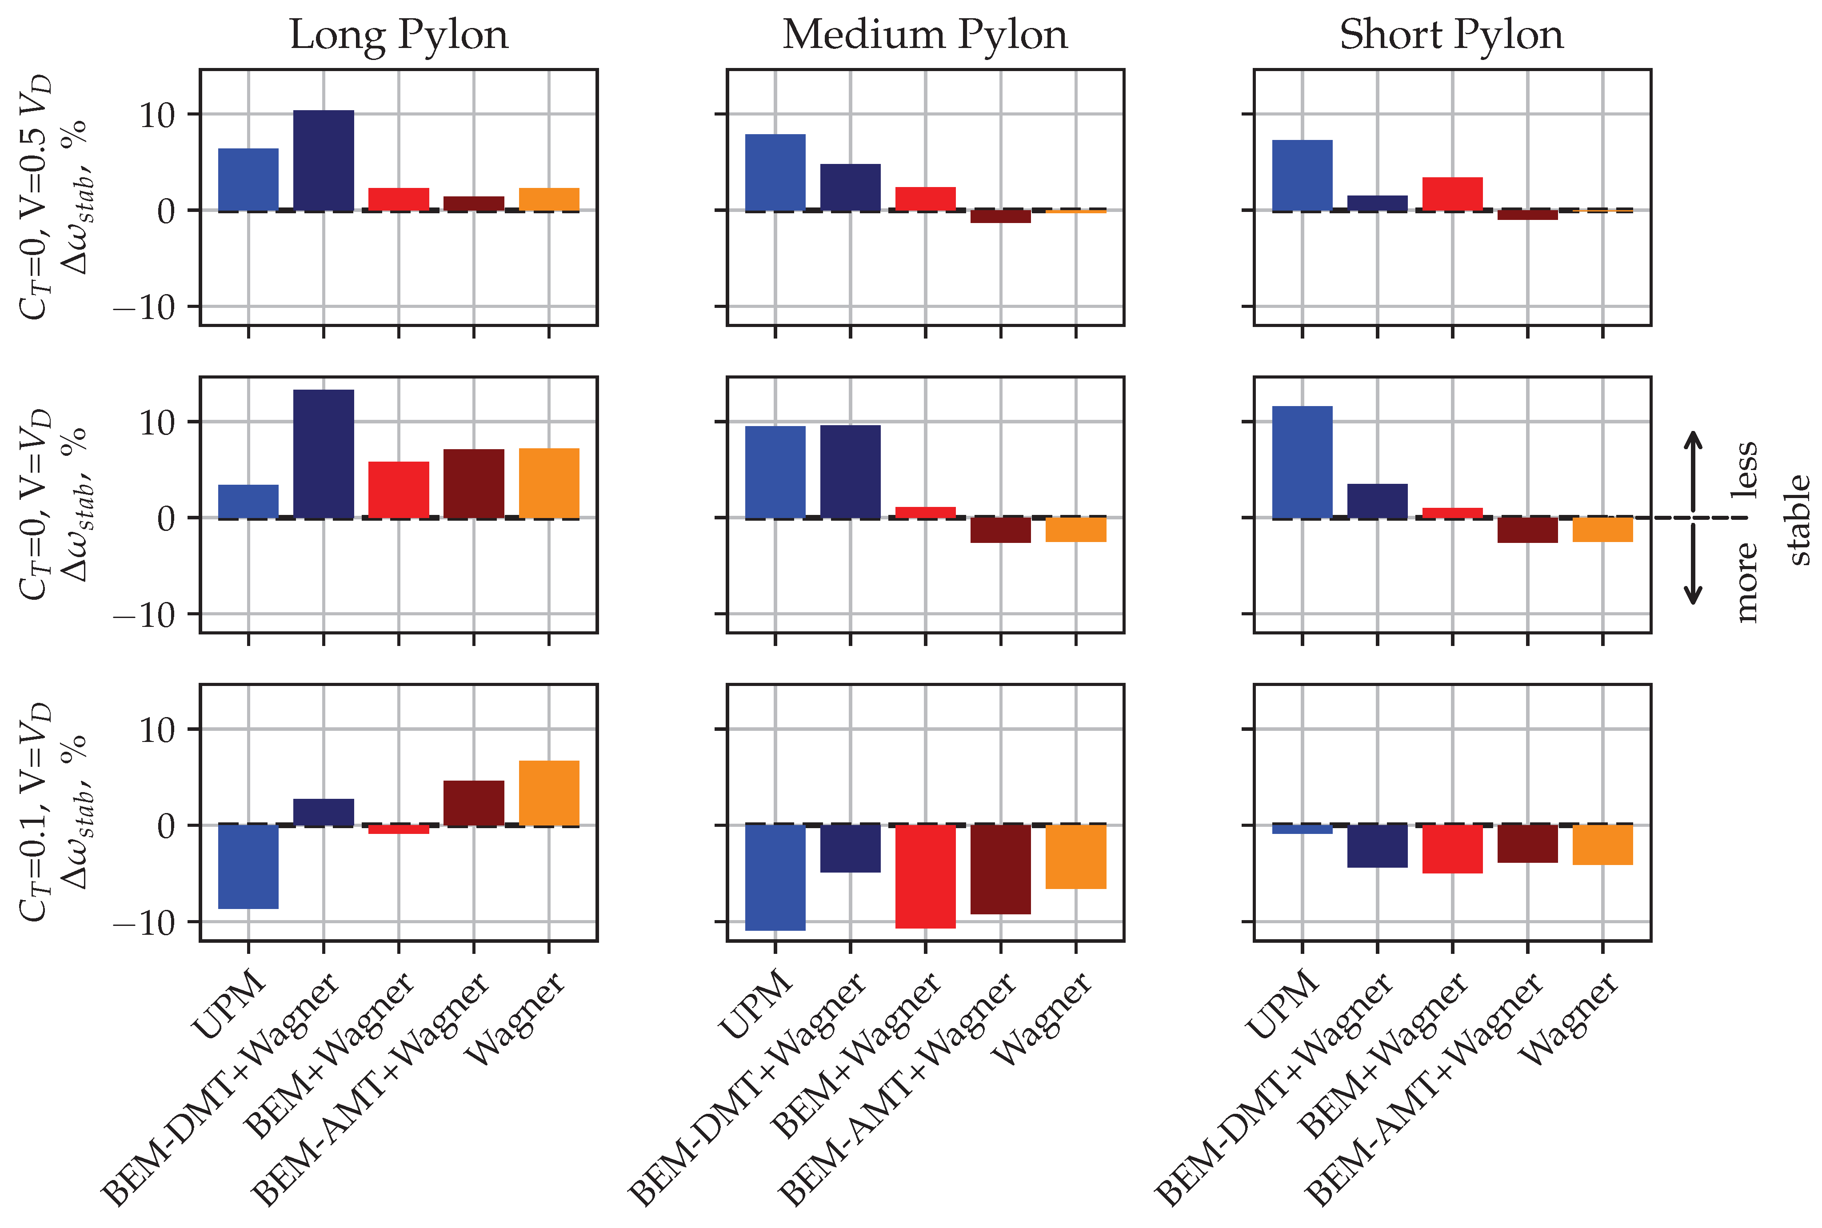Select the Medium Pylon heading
pyautogui.click(x=925, y=35)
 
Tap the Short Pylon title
pyautogui.click(x=1451, y=35)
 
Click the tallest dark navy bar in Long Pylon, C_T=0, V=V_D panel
pyautogui.click(x=324, y=454)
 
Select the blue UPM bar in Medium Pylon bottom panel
pyautogui.click(x=775, y=877)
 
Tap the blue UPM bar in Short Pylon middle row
pyautogui.click(x=1302, y=462)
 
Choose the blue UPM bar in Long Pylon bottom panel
pyautogui.click(x=248, y=867)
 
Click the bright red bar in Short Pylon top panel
pyautogui.click(x=1452, y=194)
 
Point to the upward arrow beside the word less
pyautogui.click(x=1694, y=470)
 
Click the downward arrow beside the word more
pyautogui.click(x=1694, y=566)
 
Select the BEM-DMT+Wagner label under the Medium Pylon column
pyautogui.click(x=748, y=1088)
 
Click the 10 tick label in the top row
pyautogui.click(x=157, y=115)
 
